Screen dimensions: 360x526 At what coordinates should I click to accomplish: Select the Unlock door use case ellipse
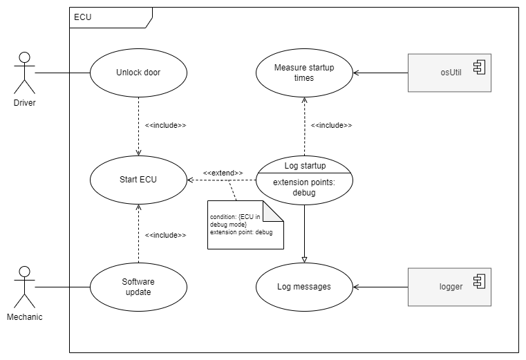pyautogui.click(x=138, y=73)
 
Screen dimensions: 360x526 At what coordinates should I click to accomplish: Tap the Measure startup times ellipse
pyautogui.click(x=304, y=73)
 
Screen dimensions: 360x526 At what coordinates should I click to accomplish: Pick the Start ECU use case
pyautogui.click(x=138, y=180)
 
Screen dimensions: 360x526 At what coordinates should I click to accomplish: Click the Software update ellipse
pyautogui.click(x=138, y=287)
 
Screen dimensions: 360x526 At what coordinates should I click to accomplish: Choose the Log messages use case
pyautogui.click(x=304, y=287)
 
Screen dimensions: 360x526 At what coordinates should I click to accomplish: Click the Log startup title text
pyautogui.click(x=305, y=166)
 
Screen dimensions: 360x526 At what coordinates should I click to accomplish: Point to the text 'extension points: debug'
pyautogui.click(x=304, y=188)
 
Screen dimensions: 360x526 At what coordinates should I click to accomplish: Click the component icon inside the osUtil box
pyautogui.click(x=478, y=66)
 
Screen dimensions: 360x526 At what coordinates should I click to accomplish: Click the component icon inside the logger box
pyautogui.click(x=478, y=281)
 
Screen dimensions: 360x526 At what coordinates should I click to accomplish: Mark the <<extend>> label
pyautogui.click(x=223, y=173)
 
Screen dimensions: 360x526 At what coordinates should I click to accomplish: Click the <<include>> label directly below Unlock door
pyautogui.click(x=165, y=126)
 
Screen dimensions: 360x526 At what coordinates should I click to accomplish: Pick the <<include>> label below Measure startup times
pyautogui.click(x=331, y=126)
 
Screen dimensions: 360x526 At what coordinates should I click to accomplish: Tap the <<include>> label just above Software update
pyautogui.click(x=165, y=235)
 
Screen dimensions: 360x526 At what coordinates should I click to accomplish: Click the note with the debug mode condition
pyautogui.click(x=242, y=228)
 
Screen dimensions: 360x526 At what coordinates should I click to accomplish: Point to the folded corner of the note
pyautogui.click(x=274, y=211)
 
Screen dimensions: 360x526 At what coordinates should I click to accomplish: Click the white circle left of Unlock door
pyautogui.click(x=24, y=57)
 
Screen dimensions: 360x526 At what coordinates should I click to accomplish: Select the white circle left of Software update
pyautogui.click(x=24, y=272)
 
